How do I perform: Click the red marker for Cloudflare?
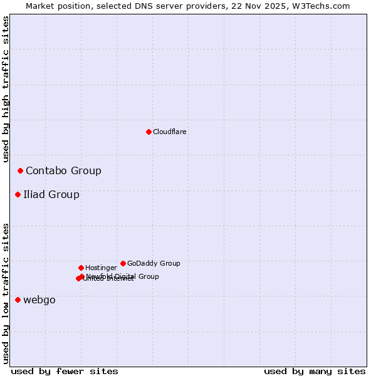[149, 132]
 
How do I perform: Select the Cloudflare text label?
[170, 132]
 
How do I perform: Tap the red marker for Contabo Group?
[20, 170]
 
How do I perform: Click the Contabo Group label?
[63, 171]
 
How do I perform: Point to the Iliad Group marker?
[18, 194]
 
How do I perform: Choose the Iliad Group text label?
[51, 195]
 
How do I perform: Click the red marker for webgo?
[18, 300]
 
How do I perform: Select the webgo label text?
[39, 300]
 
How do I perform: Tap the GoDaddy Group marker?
[123, 263]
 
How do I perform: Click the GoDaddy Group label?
[154, 264]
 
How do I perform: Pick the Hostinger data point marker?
[81, 268]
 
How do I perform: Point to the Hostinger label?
[101, 268]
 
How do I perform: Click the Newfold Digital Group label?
[123, 276]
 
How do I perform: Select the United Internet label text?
[109, 279]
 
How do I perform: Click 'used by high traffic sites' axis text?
[6, 90]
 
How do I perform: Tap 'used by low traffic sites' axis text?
[6, 293]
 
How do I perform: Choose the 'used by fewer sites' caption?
[65, 372]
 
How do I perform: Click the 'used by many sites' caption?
[315, 372]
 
